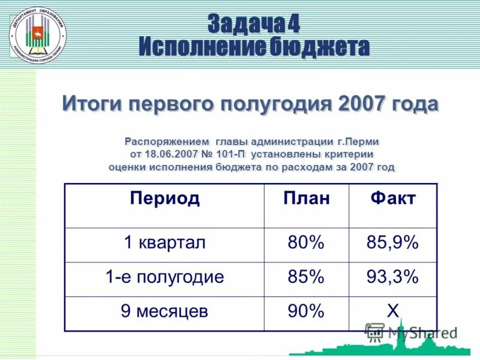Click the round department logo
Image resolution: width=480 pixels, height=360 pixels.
37,36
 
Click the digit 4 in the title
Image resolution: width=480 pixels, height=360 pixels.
293,24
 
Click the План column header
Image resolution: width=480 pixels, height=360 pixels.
306,199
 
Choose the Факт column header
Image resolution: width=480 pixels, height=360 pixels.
392,199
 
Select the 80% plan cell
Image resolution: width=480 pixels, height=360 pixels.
306,243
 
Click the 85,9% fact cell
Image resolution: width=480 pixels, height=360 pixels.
392,243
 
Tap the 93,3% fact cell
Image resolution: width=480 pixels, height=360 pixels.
392,277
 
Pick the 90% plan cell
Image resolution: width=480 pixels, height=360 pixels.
306,311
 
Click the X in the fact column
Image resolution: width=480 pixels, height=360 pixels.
392,311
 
